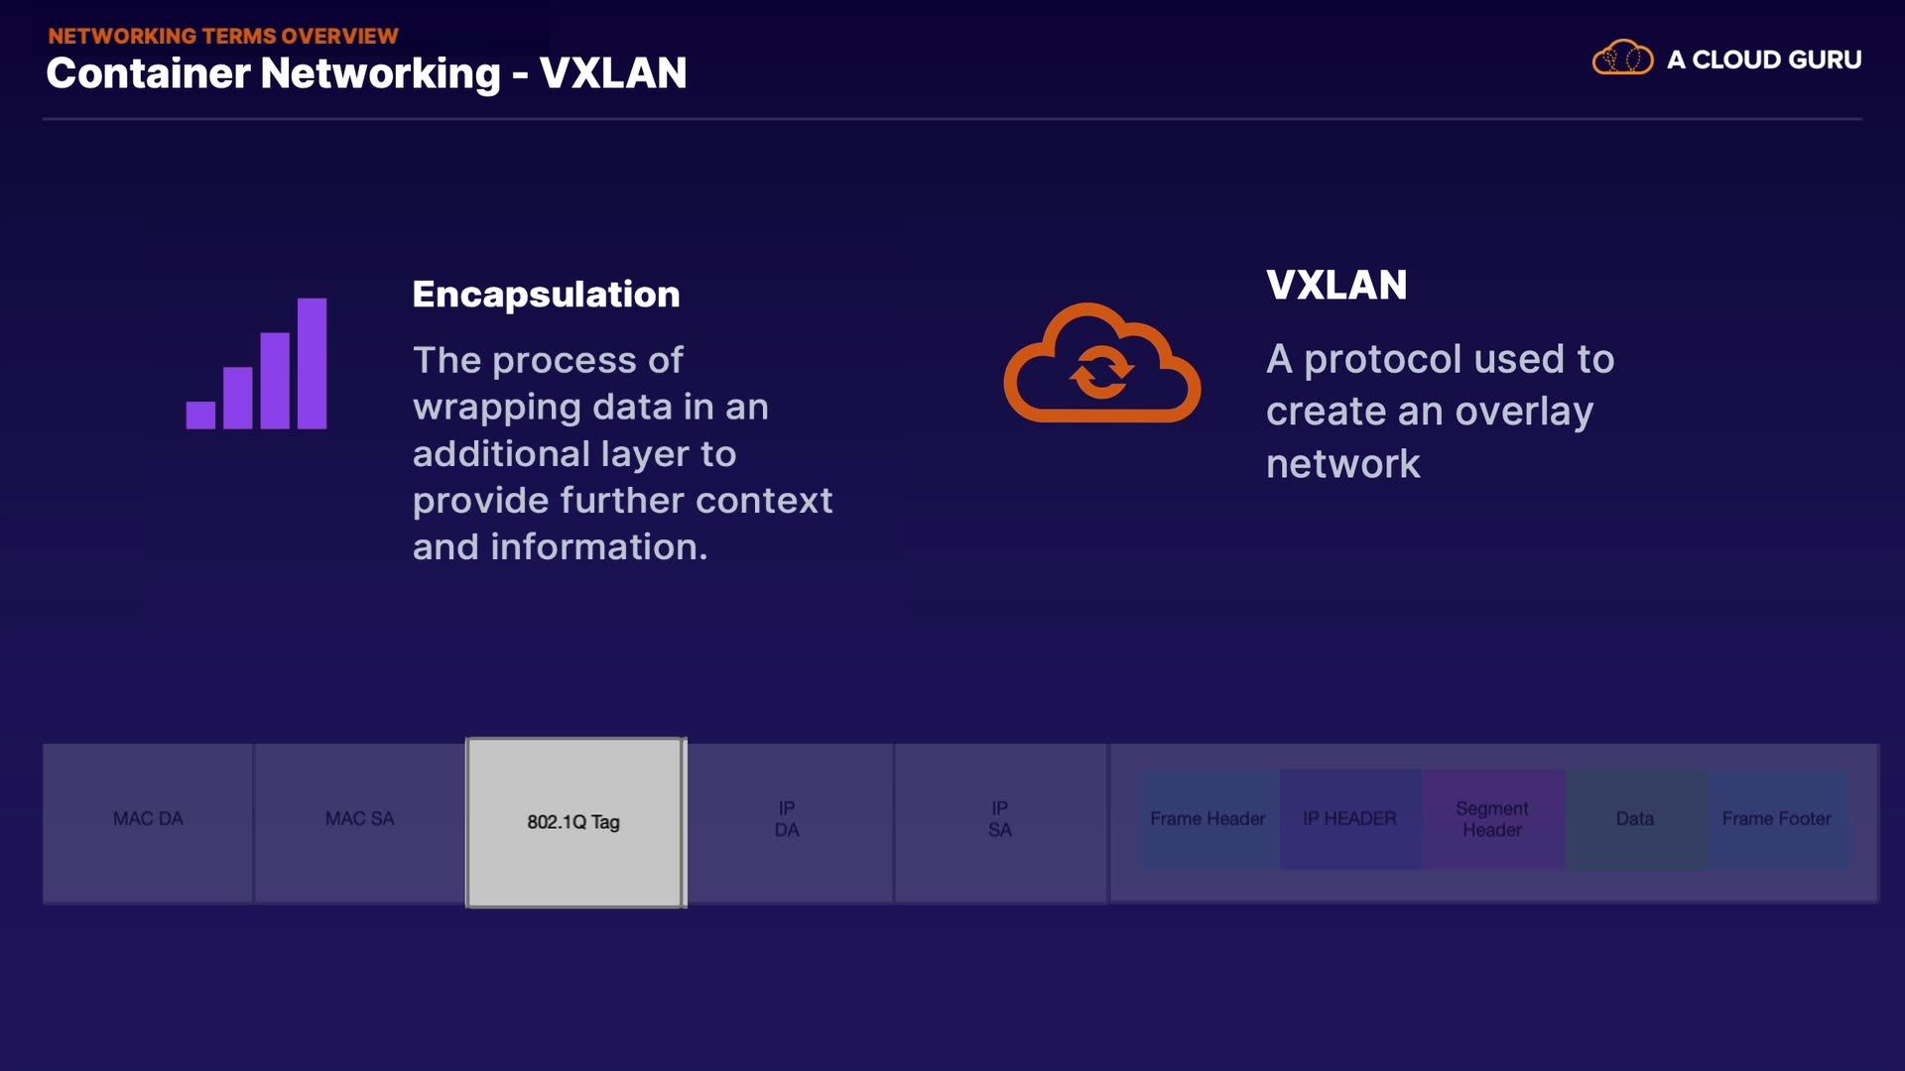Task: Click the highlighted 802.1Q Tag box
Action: [575, 822]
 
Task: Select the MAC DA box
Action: [148, 822]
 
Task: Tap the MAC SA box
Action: [359, 822]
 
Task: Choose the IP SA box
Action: [1000, 822]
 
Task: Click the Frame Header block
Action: [1207, 819]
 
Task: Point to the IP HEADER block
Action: [1349, 819]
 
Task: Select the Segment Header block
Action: [1492, 819]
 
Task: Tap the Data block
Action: [1635, 819]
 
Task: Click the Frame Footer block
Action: [1777, 819]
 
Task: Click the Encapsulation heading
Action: [546, 295]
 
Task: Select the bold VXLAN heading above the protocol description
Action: [1336, 286]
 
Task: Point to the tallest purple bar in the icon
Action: [312, 363]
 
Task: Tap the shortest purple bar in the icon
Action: [200, 415]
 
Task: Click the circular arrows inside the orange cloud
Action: [1101, 373]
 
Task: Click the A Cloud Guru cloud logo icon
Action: [1622, 59]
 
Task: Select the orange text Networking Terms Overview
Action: [223, 36]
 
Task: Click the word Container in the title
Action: [147, 73]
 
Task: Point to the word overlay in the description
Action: [1524, 412]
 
